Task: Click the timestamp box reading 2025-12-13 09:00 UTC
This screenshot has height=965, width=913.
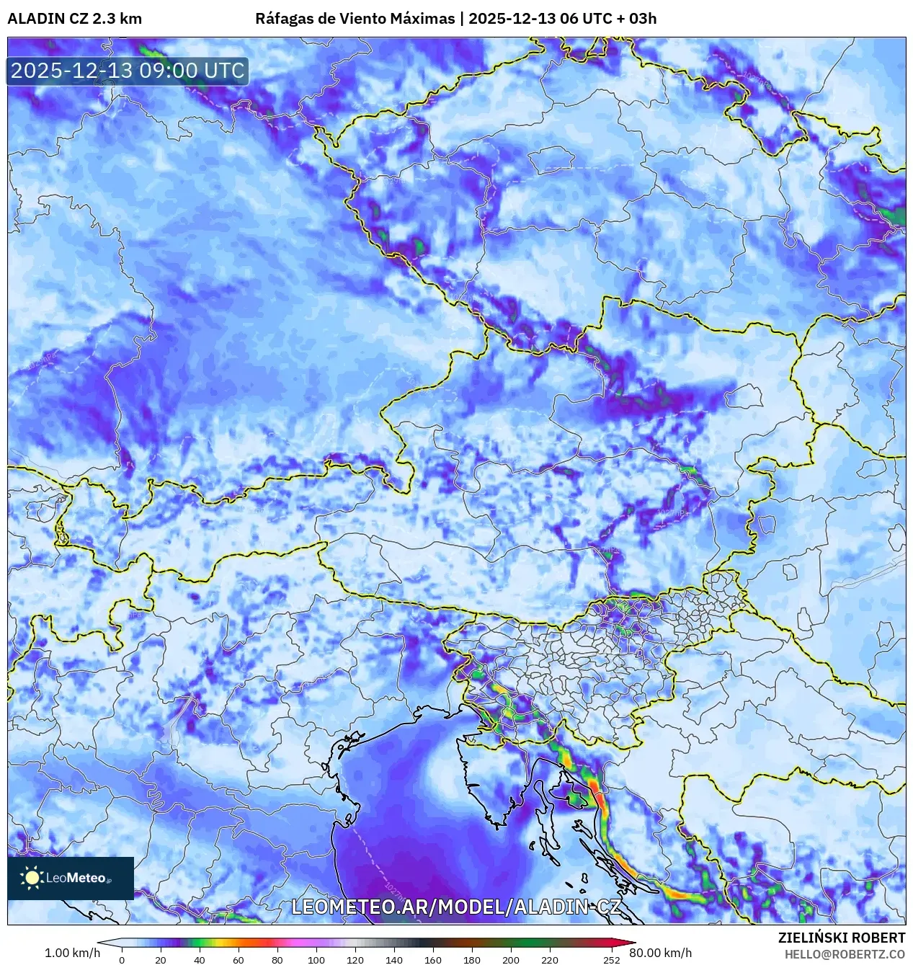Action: [128, 71]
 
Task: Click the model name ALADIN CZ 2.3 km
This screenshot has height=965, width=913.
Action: [74, 19]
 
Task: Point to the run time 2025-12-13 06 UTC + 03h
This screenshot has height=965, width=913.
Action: [562, 19]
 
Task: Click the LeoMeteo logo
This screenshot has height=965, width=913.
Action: [71, 878]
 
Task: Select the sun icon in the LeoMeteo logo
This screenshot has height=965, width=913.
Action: [32, 877]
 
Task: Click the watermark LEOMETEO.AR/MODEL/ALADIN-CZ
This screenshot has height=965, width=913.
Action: [455, 907]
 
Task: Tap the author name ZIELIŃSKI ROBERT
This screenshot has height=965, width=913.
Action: [841, 938]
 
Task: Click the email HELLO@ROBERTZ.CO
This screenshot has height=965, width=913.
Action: [845, 954]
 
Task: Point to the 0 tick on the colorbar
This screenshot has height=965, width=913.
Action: [121, 959]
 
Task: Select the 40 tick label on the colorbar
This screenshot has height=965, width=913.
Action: [200, 959]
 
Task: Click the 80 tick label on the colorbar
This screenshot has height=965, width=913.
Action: [277, 959]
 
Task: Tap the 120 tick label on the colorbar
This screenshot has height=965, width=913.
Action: [355, 959]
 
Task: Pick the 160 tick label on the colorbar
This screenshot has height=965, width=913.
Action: [433, 959]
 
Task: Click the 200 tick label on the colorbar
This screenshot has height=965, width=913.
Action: [511, 959]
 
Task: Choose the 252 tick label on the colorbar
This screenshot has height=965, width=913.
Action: [612, 959]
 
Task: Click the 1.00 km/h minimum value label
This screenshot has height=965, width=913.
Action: [72, 953]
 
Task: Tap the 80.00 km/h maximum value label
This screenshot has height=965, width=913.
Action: [660, 953]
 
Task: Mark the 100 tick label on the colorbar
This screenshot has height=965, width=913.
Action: [316, 959]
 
